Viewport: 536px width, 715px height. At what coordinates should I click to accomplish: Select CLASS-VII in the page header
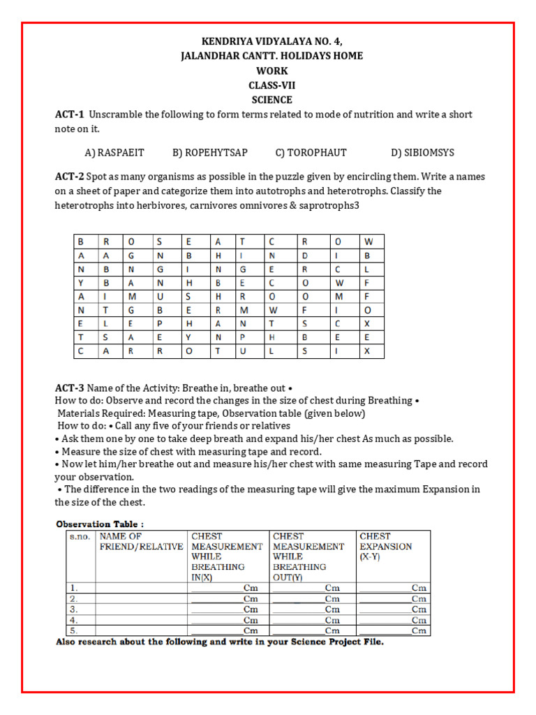point(271,85)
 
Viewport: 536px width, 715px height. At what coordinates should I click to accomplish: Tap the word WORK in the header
point(271,71)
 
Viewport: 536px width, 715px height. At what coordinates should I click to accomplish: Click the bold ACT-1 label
point(70,115)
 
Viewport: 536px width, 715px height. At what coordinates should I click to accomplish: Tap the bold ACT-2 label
point(70,177)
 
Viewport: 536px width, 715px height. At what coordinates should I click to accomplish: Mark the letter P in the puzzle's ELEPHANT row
point(160,323)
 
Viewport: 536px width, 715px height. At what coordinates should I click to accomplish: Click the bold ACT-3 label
point(70,388)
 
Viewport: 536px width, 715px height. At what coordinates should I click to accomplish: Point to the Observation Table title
point(100,524)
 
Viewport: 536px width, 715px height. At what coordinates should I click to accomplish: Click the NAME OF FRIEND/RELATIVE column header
point(142,542)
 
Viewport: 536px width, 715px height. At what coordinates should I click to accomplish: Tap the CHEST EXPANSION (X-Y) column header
point(386,547)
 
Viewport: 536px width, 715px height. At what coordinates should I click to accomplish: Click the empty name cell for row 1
point(142,589)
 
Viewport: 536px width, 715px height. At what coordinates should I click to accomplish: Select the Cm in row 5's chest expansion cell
point(419,631)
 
